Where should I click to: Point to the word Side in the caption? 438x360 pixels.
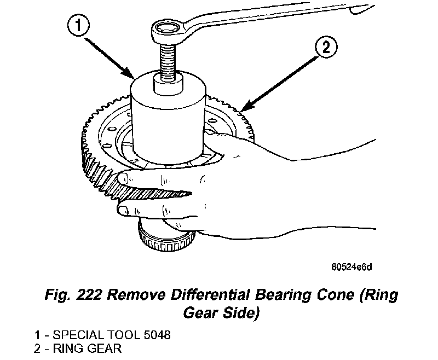pos(238,313)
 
